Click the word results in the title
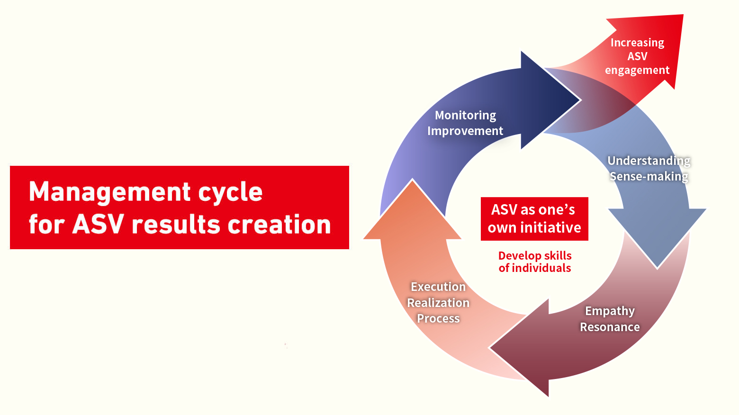coord(175,225)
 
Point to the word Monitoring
coord(465,116)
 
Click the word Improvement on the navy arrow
coord(465,131)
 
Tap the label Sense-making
coord(649,176)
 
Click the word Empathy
coord(610,311)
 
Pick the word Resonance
coord(610,327)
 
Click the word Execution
coord(438,287)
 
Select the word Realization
coord(438,303)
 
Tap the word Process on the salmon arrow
coord(438,318)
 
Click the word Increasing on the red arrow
coord(638,43)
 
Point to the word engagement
coord(638,71)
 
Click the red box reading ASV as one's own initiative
coord(534,219)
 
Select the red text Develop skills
coord(535,256)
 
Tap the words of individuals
coord(535,268)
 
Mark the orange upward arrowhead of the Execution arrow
coord(413,211)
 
